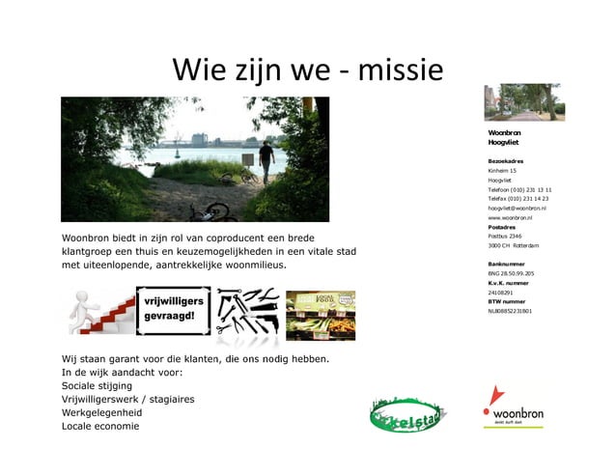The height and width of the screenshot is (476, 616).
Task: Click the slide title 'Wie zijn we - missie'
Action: [307, 70]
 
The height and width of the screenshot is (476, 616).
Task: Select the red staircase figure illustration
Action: [98, 312]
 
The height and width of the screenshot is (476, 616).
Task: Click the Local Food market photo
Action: [320, 315]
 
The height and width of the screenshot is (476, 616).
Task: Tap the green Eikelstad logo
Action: [407, 416]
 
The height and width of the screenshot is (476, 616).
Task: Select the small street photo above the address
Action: [523, 101]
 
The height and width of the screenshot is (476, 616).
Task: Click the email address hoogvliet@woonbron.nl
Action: [517, 208]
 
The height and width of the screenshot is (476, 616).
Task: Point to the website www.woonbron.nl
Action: [512, 218]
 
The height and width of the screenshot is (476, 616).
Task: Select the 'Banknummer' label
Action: [507, 264]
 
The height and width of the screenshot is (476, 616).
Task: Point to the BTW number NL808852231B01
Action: [511, 311]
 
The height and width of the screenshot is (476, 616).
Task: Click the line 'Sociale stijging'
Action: [97, 385]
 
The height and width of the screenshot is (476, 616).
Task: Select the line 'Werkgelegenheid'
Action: [101, 412]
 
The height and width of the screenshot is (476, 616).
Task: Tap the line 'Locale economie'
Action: [100, 426]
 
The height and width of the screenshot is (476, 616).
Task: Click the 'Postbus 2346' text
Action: [505, 236]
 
